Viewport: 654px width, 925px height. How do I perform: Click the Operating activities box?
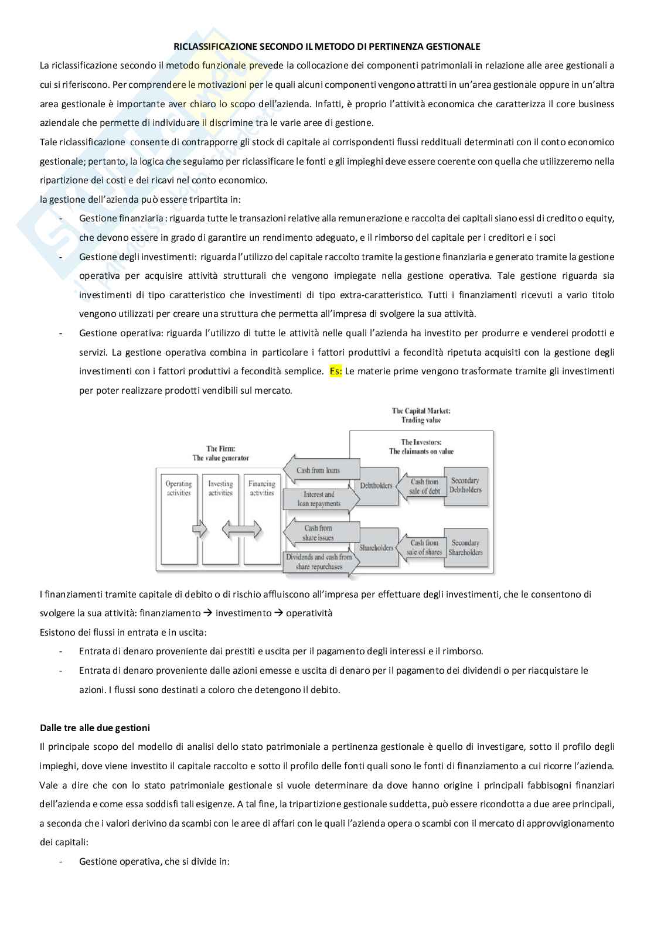179,518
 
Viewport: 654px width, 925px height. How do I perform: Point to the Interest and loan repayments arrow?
320,499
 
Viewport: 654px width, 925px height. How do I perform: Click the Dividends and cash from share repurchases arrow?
320,561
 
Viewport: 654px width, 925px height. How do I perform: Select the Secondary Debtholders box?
465,485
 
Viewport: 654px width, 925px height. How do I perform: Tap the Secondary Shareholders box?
465,548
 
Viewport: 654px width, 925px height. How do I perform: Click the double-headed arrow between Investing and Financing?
241,531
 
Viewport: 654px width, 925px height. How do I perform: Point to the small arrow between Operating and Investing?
200,531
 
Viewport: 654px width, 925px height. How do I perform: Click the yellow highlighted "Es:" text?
335,371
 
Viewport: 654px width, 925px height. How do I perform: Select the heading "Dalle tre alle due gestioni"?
95,728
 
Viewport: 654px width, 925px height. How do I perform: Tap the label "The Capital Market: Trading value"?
421,415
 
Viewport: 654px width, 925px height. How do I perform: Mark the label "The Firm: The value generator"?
220,453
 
